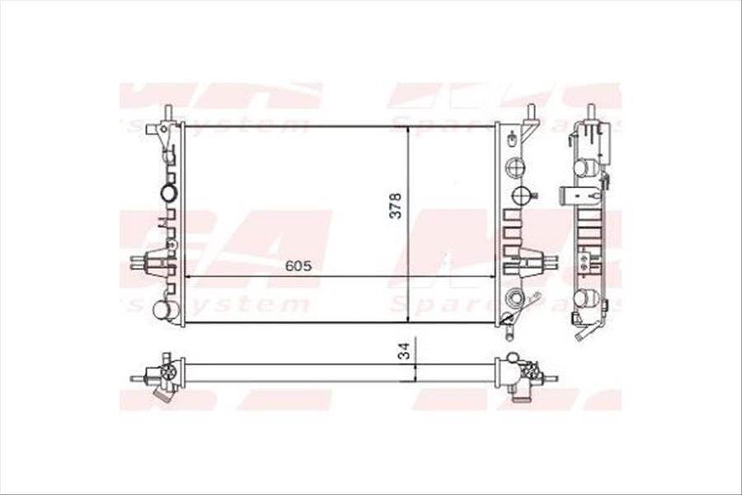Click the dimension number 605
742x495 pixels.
[x=298, y=266]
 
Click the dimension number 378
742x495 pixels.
[x=396, y=205]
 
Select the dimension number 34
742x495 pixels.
[x=403, y=351]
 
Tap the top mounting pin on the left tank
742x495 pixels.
[x=168, y=112]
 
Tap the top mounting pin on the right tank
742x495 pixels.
[x=531, y=112]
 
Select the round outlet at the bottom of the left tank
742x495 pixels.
[x=167, y=310]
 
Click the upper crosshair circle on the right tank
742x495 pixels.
[x=515, y=166]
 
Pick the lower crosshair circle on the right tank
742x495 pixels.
[x=521, y=196]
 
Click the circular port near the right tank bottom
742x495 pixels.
[x=515, y=298]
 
